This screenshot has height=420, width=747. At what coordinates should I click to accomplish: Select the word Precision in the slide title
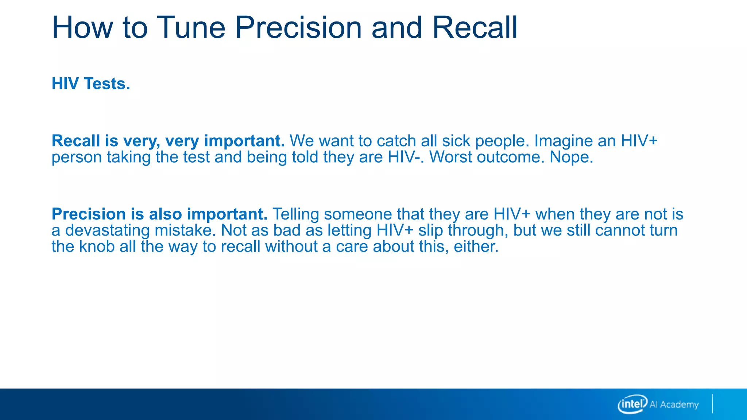point(298,27)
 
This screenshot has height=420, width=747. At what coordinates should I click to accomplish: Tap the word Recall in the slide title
point(475,27)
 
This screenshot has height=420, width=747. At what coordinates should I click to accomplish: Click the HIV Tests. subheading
point(91,83)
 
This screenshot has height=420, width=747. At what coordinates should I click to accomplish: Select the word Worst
point(450,157)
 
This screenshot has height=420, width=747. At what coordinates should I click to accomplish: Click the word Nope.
point(571,158)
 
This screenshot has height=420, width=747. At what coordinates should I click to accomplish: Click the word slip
point(430,231)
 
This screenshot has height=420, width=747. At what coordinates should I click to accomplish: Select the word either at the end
point(476,246)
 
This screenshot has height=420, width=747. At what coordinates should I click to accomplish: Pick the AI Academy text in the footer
point(674,404)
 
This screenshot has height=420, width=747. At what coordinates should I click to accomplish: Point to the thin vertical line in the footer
point(712,404)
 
